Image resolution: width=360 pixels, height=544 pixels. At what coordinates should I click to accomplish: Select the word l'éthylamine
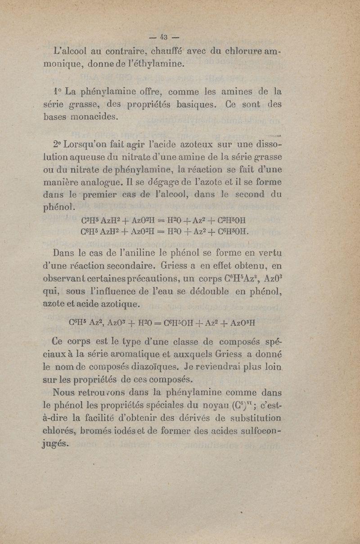click(154, 64)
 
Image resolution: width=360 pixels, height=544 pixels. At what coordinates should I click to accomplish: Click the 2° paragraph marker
click(58, 145)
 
